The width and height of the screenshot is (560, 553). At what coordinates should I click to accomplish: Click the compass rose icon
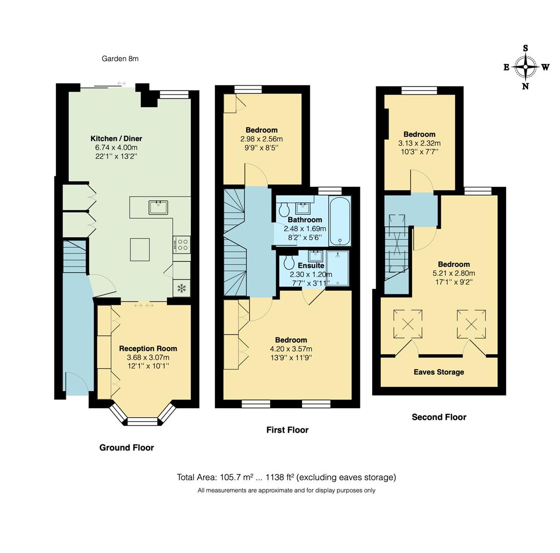pos(525,67)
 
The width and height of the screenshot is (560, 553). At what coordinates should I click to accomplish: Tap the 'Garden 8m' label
pos(120,58)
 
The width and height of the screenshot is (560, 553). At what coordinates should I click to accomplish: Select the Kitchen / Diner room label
pos(116,138)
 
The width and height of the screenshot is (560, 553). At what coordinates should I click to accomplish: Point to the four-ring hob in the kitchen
pos(182,244)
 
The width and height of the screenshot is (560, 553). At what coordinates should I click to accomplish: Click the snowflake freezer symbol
pos(181,288)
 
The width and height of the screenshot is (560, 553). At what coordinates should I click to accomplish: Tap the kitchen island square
pos(140,249)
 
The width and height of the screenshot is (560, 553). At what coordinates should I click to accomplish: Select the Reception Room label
pos(148,348)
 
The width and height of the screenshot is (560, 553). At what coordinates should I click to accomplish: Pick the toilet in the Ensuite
pos(289,262)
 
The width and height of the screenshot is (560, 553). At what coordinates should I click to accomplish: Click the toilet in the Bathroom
pos(284,209)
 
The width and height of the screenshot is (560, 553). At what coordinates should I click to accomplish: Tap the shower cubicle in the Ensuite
pos(338,267)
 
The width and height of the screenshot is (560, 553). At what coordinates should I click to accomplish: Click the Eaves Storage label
pos(439,372)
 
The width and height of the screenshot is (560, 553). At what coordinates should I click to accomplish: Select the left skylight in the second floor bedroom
pos(408,324)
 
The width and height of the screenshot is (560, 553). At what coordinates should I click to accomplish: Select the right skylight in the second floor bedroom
pos(471,324)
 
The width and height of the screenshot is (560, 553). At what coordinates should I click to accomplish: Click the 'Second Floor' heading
pos(439,417)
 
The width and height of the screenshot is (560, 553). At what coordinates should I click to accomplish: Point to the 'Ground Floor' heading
pos(126,448)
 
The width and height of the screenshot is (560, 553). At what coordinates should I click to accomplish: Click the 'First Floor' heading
pos(287,430)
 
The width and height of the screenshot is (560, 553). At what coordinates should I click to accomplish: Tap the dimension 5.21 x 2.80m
pos(454,273)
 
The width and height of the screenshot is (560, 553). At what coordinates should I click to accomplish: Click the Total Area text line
pos(286,477)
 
